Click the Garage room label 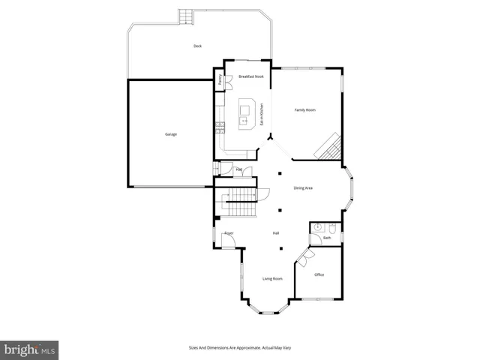click(171, 134)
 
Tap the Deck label click(197, 46)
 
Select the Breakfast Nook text click(250, 76)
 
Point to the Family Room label click(304, 110)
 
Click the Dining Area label click(303, 187)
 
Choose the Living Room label click(272, 279)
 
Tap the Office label click(319, 274)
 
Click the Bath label click(326, 238)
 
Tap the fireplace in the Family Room click(328, 146)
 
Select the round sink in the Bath click(318, 226)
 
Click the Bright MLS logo click(30, 349)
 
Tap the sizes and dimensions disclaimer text click(239, 348)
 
